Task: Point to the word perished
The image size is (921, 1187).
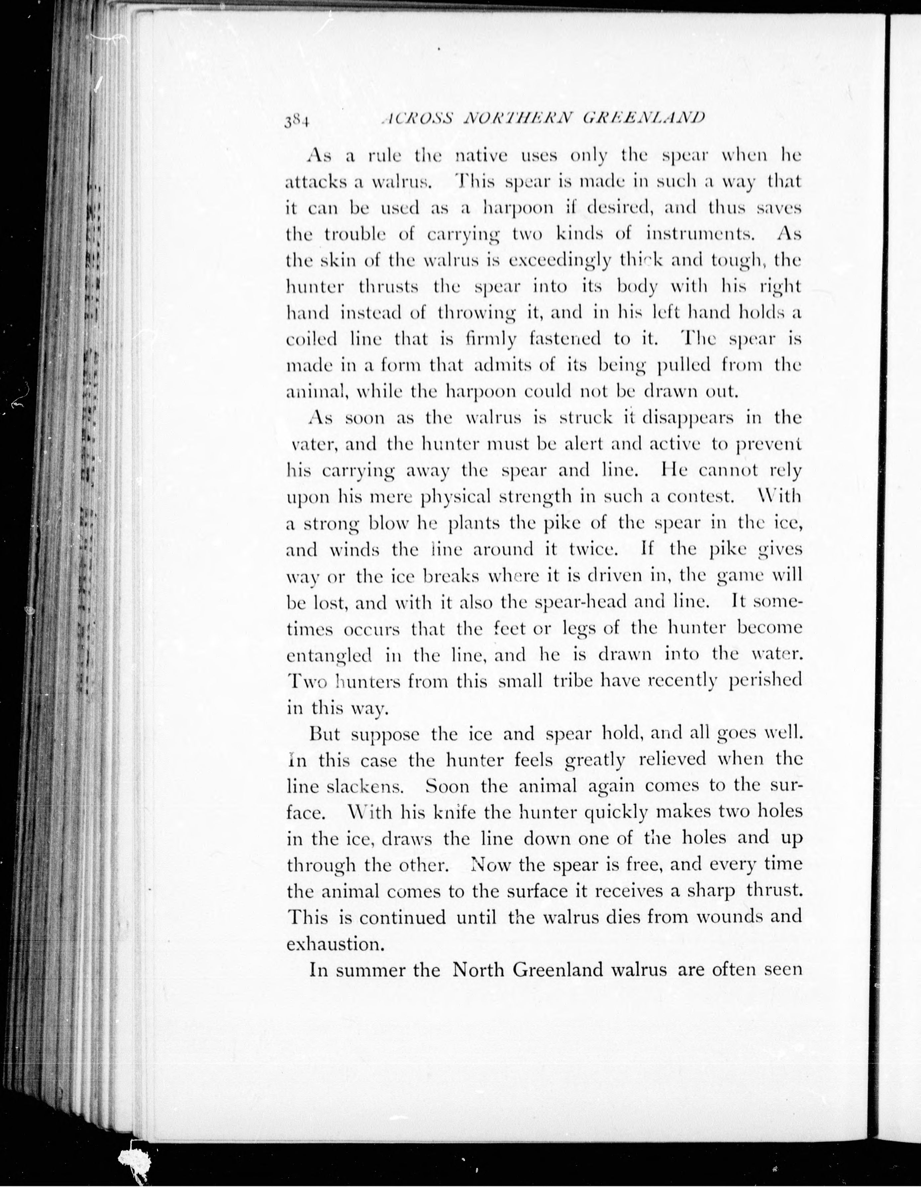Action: coord(765,681)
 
